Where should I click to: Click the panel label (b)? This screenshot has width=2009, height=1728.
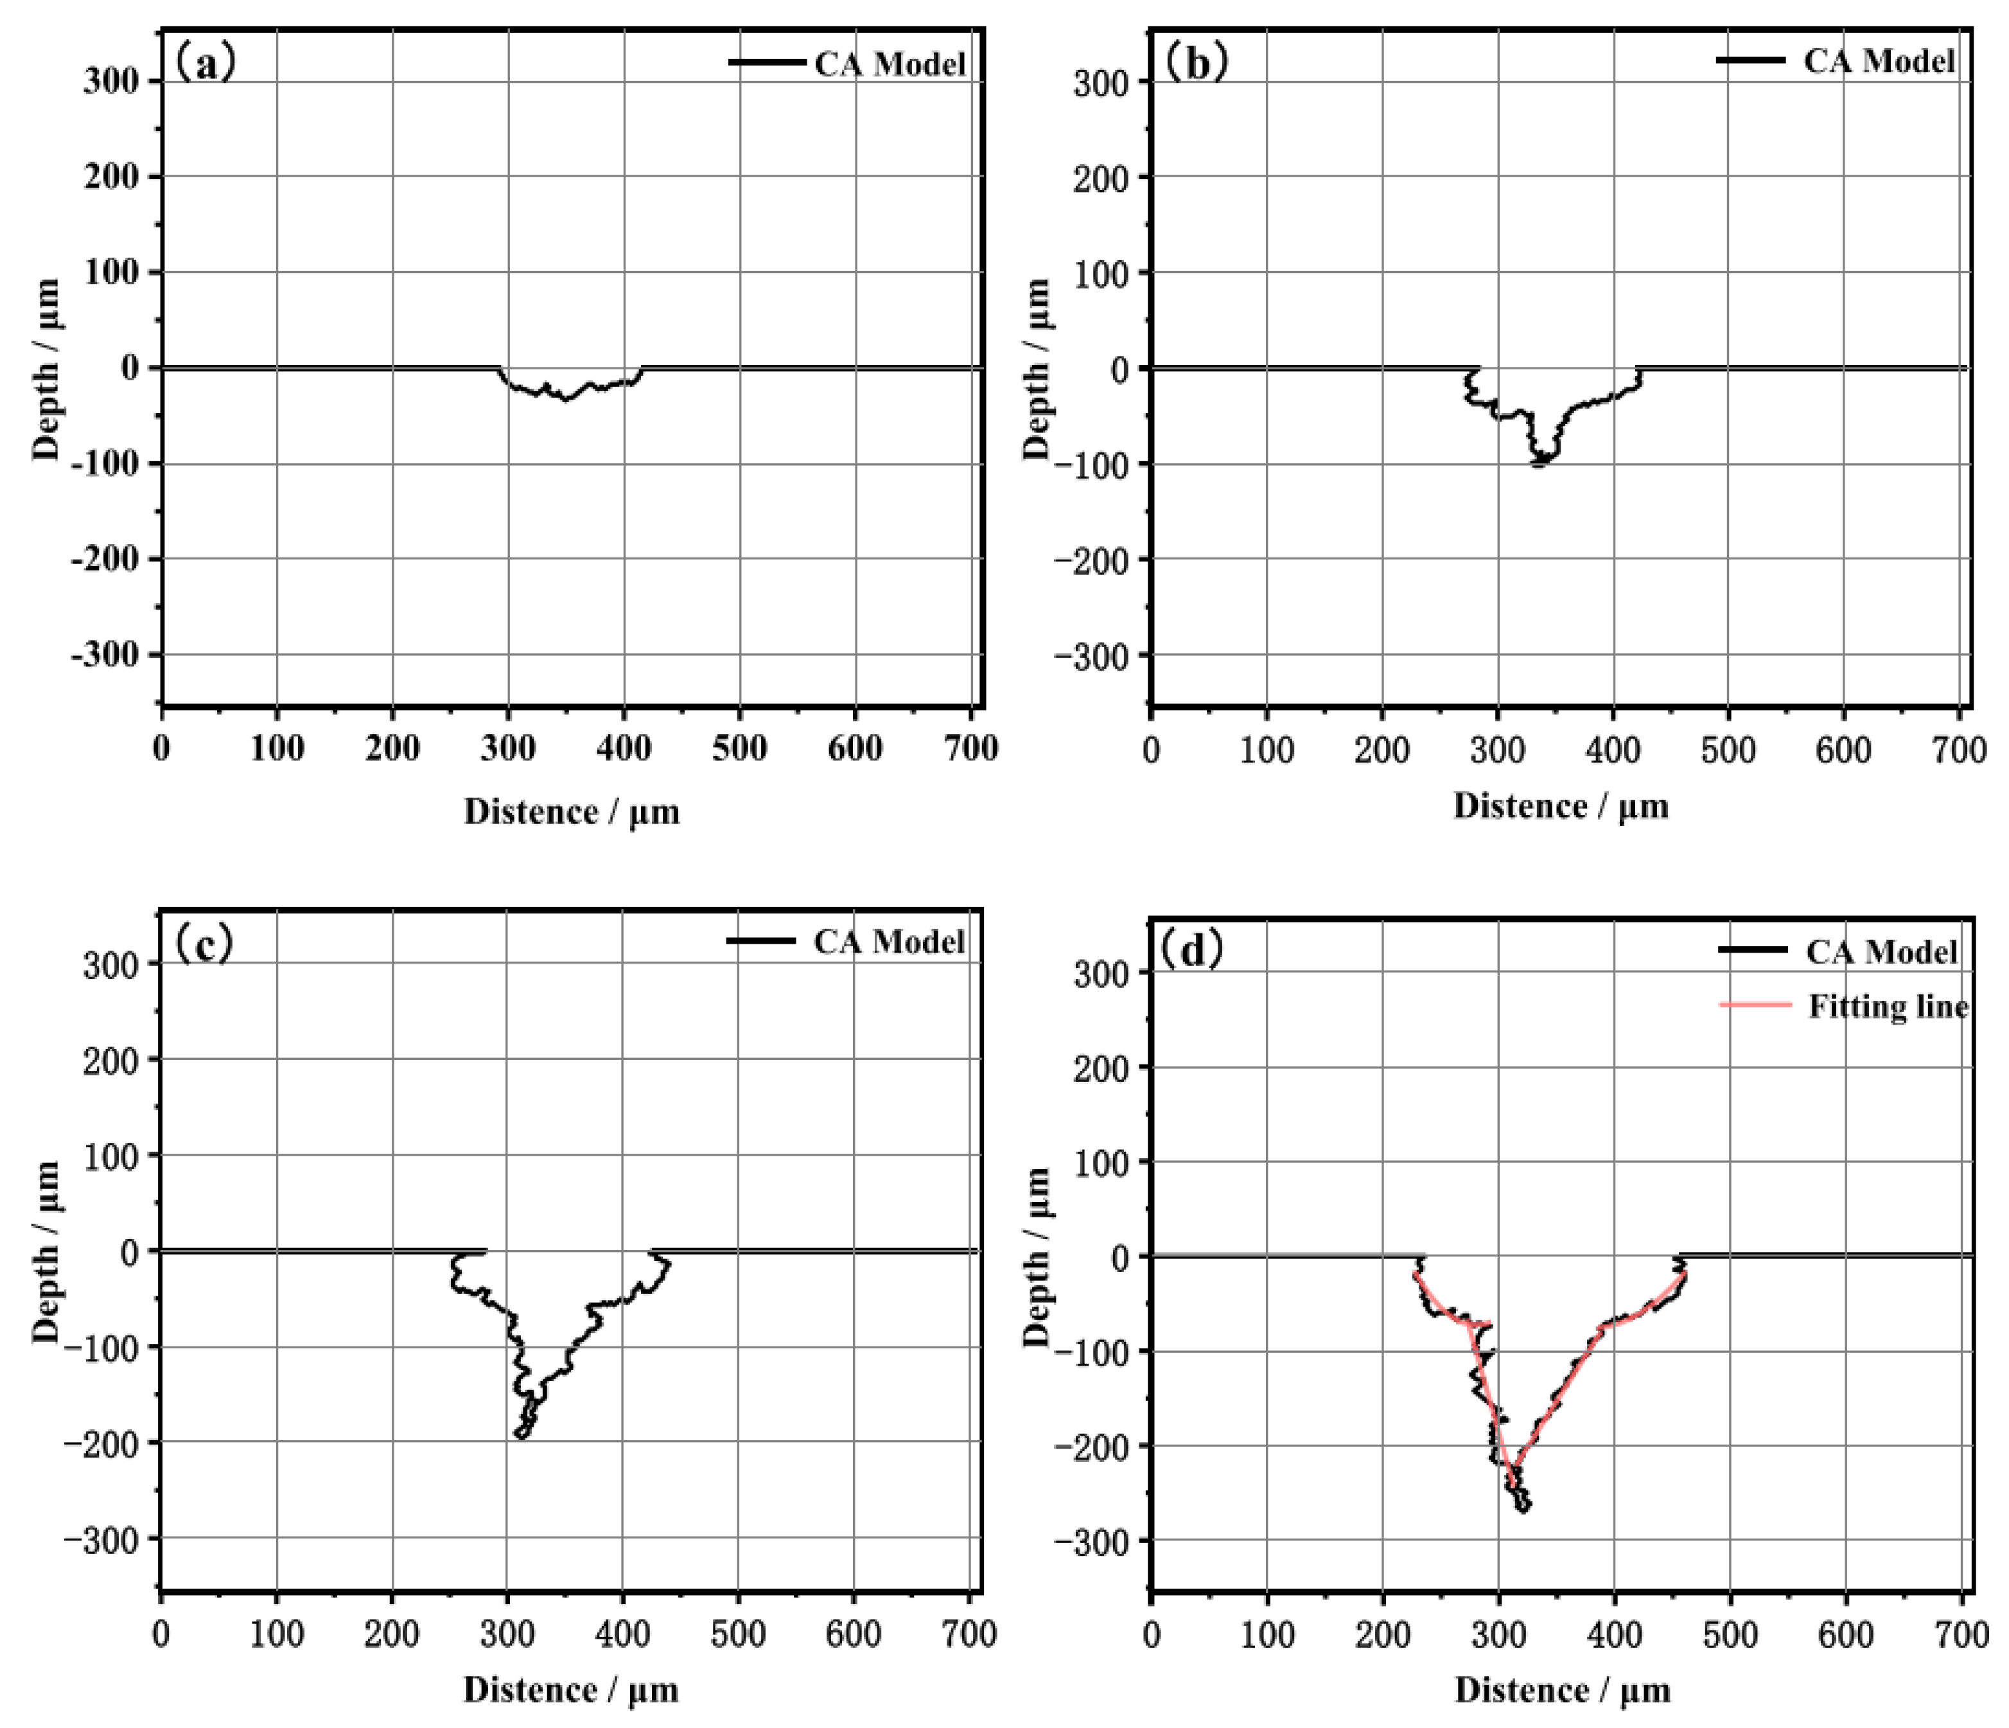point(1195,62)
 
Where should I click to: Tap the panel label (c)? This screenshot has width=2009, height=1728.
point(203,942)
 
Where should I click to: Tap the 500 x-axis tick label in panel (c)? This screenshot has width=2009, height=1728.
point(738,1634)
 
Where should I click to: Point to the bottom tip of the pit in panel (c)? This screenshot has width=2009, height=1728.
point(521,1435)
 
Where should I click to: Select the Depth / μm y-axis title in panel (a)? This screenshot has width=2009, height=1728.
point(46,369)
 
